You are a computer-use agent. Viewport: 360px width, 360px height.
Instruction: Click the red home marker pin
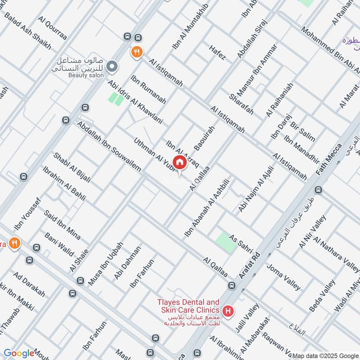180,162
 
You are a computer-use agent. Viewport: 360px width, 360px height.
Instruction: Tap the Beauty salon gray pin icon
113,67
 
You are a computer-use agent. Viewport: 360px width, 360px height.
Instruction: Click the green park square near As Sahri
225,242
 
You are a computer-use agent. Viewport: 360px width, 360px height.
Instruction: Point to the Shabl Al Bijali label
72,167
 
